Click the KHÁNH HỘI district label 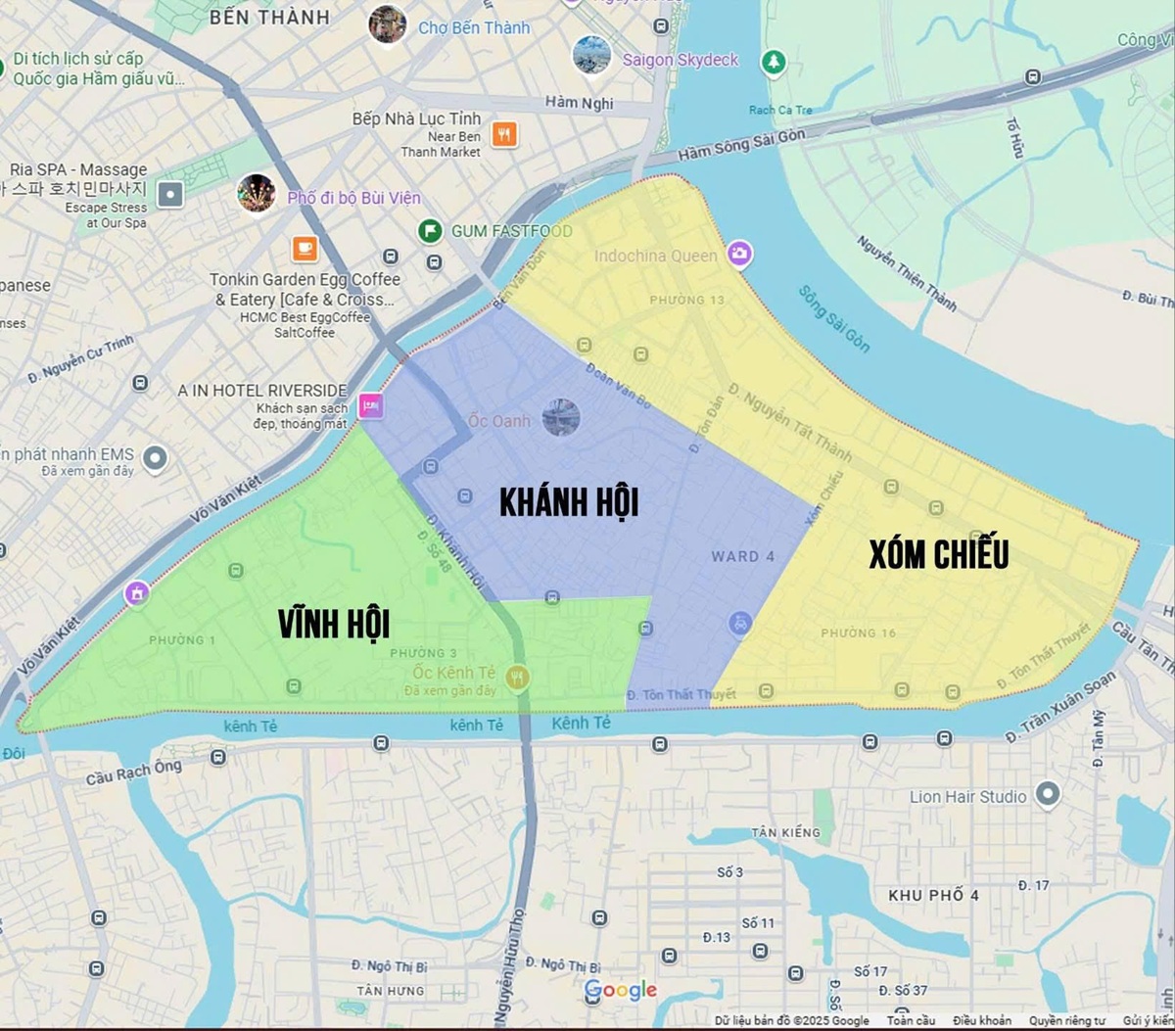[569, 502]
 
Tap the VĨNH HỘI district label [334, 624]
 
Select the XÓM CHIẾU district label [938, 554]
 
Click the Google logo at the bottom [620, 990]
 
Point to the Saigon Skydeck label [680, 60]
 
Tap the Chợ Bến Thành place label [474, 27]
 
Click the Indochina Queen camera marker [740, 256]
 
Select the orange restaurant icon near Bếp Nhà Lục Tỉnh [504, 134]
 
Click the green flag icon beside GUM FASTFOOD [429, 231]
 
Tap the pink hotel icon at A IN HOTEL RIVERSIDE [370, 404]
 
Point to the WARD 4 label [742, 556]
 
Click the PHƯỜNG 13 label [686, 299]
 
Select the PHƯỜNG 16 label [858, 633]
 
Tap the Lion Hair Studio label [967, 796]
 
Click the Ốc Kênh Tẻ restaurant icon [519, 677]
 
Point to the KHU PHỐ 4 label [933, 895]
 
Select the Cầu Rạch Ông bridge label [133, 773]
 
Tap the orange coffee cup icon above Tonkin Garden [305, 249]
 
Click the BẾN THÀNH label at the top [269, 18]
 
